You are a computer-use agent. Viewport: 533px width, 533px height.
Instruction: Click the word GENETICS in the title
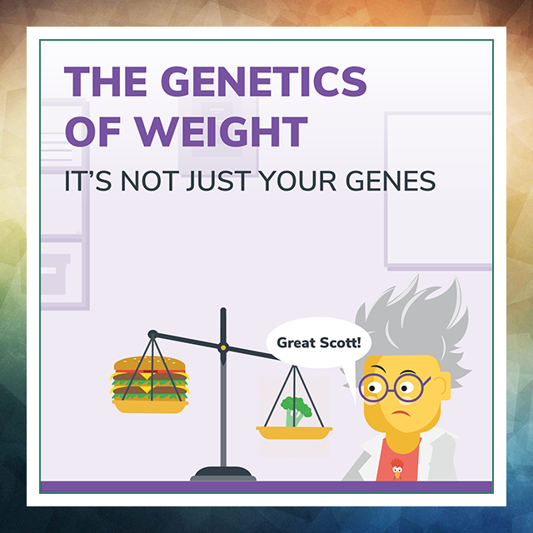(264, 82)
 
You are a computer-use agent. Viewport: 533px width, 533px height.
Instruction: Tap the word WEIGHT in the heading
(222, 132)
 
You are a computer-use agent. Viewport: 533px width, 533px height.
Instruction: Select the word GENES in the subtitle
(391, 181)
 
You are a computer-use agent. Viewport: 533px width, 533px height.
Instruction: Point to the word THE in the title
(106, 82)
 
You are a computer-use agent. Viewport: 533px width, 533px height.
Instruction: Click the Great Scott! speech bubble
(318, 343)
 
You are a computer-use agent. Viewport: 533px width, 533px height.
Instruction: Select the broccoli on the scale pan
(296, 411)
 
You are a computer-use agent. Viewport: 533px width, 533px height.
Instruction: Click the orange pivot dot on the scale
(223, 348)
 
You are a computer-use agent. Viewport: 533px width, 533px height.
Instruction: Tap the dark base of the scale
(223, 473)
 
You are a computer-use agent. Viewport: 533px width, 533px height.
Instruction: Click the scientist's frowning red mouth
(401, 413)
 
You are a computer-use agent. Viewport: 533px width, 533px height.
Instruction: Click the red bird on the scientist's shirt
(396, 468)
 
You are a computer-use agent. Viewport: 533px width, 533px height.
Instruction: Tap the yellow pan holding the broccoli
(294, 432)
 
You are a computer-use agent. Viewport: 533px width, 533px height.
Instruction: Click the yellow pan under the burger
(150, 406)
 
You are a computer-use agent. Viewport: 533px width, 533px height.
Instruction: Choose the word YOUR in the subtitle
(297, 181)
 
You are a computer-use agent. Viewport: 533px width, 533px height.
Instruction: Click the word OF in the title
(92, 132)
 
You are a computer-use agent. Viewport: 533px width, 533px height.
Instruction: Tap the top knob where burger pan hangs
(152, 334)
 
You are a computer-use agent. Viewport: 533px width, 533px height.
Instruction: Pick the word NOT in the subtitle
(150, 181)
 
